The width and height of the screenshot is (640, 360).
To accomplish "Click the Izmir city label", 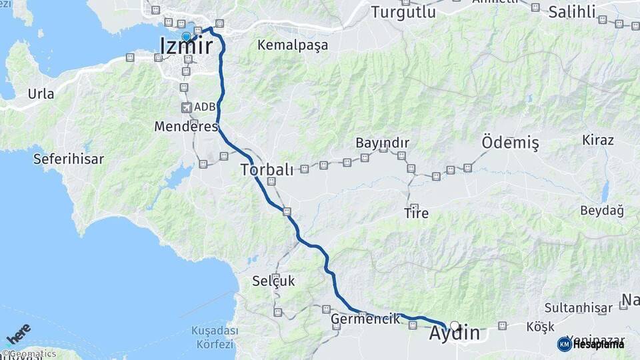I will click(187, 46).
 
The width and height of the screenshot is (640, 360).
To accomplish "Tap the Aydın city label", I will click(455, 333).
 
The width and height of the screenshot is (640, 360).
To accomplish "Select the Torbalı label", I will click(267, 169).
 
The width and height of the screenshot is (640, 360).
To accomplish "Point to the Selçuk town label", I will click(273, 281).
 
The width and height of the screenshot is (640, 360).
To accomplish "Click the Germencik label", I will click(365, 319).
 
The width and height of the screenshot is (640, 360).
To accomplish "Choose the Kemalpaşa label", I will click(293, 46).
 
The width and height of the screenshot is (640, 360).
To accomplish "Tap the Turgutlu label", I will click(403, 12).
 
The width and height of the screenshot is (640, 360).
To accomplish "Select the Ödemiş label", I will click(510, 142).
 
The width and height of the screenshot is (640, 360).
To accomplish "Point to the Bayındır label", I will click(382, 143).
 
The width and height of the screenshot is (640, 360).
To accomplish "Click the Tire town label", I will click(416, 213).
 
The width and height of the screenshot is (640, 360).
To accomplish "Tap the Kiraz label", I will click(598, 140).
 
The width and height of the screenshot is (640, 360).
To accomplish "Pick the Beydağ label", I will click(602, 211).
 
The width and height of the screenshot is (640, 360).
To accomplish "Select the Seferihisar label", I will click(69, 159).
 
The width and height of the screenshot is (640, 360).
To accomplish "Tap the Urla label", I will click(41, 94).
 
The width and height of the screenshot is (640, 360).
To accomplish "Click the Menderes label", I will click(186, 126).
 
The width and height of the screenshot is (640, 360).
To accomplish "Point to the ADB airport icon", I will click(185, 107).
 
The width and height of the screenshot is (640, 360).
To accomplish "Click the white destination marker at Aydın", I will click(455, 326).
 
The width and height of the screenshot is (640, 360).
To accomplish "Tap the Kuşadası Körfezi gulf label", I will click(215, 337).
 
